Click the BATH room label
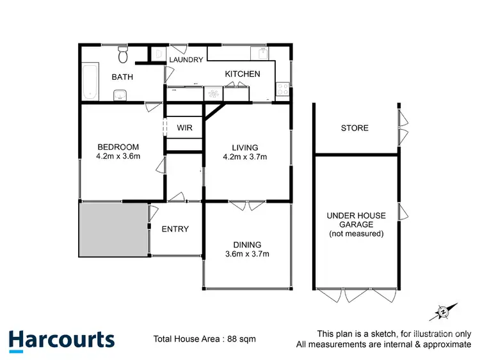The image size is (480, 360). click(122, 77)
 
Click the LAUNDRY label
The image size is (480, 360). click(186, 60)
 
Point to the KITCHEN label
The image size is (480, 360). click(243, 74)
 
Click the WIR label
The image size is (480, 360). click(185, 128)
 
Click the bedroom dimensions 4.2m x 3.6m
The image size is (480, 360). click(118, 155)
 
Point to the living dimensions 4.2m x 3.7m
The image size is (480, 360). click(244, 157)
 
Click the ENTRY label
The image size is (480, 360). click(175, 229)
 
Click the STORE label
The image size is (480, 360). click(355, 128)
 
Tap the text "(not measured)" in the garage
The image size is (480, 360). click(356, 234)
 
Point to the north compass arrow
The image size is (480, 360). click(444, 311)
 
